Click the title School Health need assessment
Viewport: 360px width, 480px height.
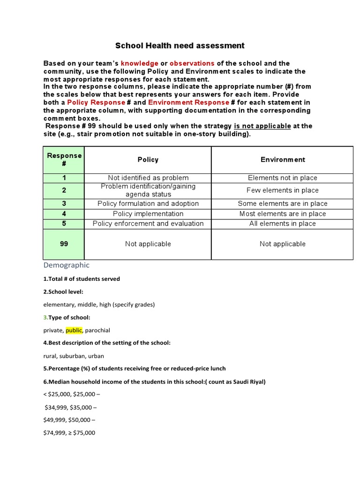pyautogui.click(x=180, y=46)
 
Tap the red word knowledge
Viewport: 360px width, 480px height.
pyautogui.click(x=139, y=63)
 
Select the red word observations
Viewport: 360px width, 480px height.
pyautogui.click(x=192, y=63)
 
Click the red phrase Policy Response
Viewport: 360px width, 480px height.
pyautogui.click(x=96, y=102)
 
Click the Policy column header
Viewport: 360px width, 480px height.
pyautogui.click(x=148, y=160)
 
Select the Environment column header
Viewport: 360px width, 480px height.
pyautogui.click(x=283, y=160)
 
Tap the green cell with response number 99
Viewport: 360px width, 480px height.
pyautogui.click(x=64, y=244)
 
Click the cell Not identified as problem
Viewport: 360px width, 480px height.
pyautogui.click(x=148, y=178)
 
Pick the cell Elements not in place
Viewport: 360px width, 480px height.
pyautogui.click(x=283, y=178)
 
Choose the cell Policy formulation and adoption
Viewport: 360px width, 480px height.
pyautogui.click(x=148, y=204)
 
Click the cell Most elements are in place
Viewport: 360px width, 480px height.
pyautogui.click(x=283, y=214)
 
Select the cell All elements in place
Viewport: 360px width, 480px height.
pyautogui.click(x=283, y=224)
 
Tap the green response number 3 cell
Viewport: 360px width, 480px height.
pyautogui.click(x=64, y=204)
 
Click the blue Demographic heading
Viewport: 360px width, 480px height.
pyautogui.click(x=66, y=265)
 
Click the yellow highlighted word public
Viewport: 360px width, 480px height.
pyautogui.click(x=74, y=330)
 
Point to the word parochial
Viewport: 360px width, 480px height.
pyautogui.click(x=97, y=330)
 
